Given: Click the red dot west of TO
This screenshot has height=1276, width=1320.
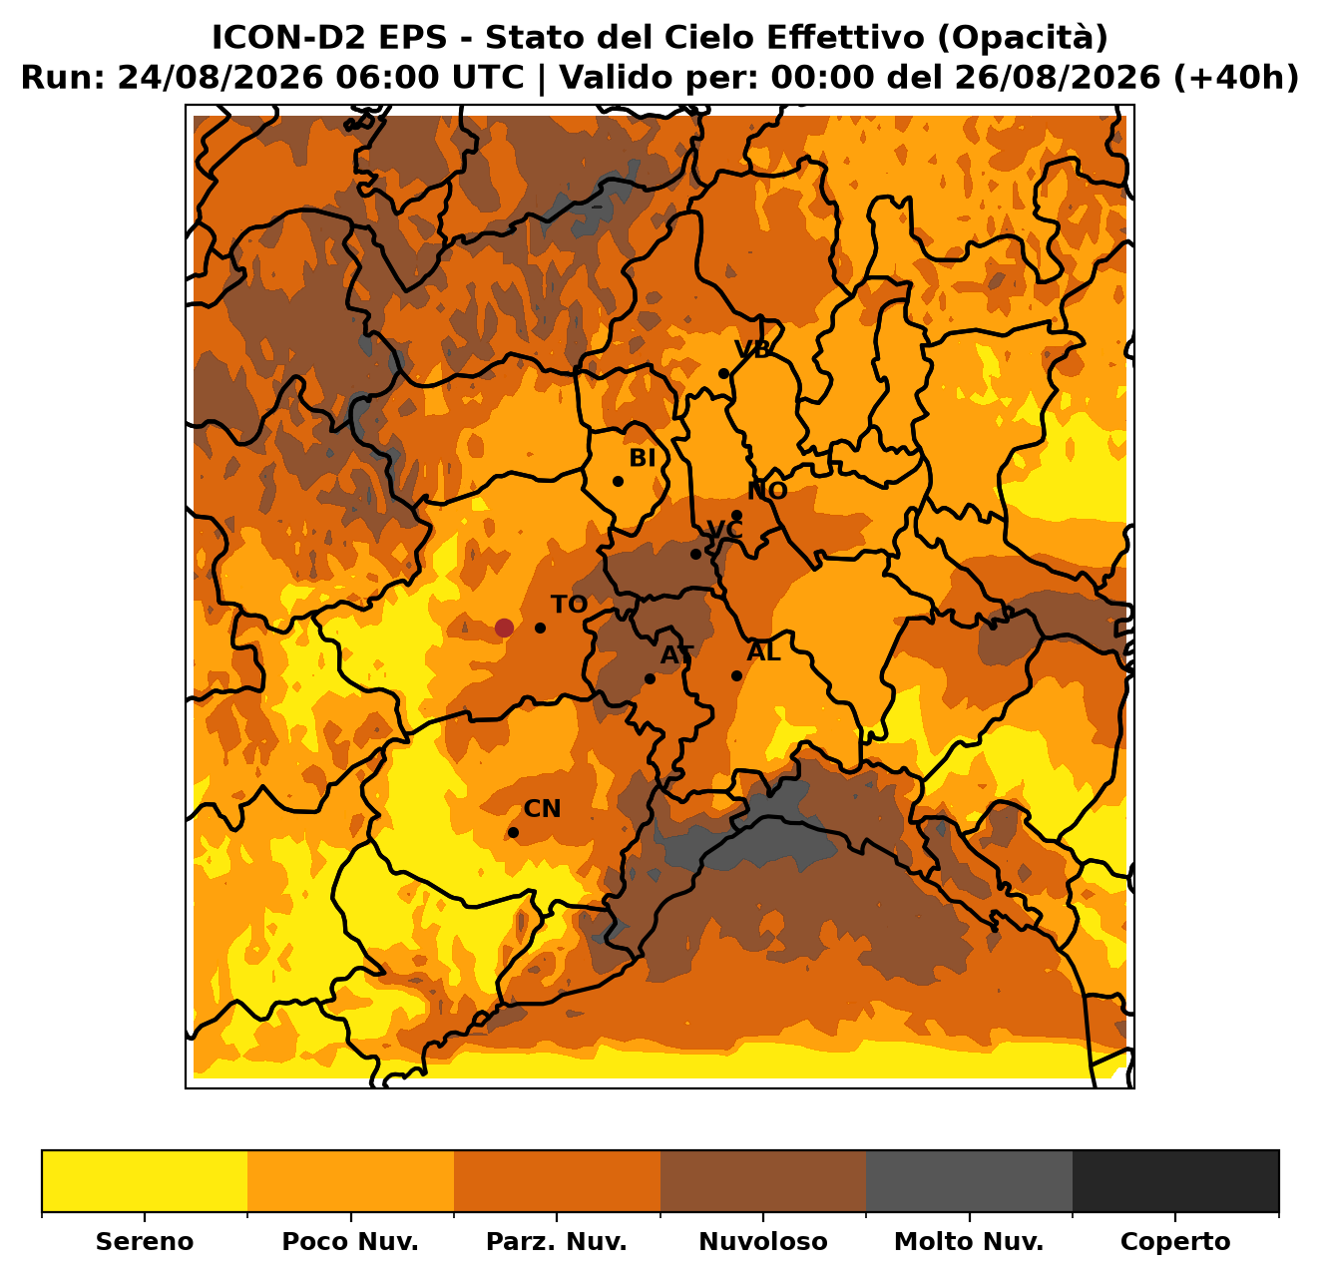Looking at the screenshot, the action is coord(503,628).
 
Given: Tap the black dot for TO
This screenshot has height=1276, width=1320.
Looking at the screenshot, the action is coord(540,629).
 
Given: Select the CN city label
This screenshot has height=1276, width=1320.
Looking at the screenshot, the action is coord(542,809).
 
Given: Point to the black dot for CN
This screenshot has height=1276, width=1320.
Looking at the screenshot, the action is coord(514,832).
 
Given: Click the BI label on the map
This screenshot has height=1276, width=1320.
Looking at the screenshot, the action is coord(642,459).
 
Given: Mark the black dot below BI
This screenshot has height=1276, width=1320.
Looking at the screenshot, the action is coord(618,481).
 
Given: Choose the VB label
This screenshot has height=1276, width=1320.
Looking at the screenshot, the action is coord(752,349).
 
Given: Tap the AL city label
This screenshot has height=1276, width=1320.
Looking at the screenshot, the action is coord(764,651).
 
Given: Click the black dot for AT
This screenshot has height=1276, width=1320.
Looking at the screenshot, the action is coord(650,678).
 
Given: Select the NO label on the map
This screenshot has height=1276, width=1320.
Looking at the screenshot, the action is coord(767,491).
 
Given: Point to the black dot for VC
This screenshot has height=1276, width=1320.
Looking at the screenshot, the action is coord(696,555).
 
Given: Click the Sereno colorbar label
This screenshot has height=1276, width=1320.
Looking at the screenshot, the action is coord(145,1241).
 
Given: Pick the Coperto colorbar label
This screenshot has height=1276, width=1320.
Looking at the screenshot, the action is coord(1175,1241).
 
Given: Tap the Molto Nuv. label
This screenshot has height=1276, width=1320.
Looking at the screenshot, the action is coord(969,1241).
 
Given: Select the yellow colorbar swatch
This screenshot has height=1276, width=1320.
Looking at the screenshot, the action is coord(145,1181).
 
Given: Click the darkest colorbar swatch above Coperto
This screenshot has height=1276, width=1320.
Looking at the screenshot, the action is coord(1175,1181).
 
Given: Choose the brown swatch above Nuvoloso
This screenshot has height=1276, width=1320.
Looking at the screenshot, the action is coord(763,1181).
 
